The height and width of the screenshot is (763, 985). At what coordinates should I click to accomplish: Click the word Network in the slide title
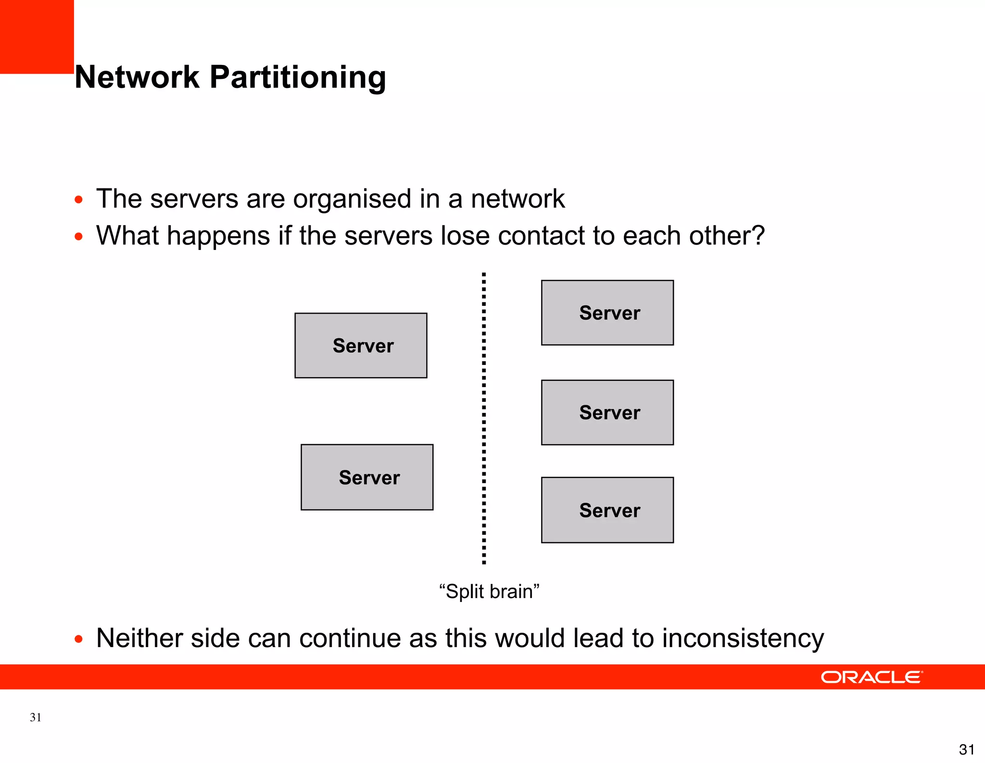point(137,77)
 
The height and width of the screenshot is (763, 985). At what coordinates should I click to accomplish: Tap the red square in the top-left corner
point(37,37)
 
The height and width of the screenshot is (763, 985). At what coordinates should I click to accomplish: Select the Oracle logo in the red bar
point(871,677)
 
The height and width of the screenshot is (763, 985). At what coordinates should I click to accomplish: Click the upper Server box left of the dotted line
point(361,346)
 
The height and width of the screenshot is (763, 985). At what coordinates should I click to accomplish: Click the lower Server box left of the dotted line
point(367,477)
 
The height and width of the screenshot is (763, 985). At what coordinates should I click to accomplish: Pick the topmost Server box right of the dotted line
point(607,313)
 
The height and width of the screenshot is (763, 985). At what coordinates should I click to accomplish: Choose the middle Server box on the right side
point(607,413)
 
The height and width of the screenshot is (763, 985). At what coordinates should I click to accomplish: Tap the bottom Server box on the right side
point(607,510)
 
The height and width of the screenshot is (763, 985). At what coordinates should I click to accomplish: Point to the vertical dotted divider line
point(484,418)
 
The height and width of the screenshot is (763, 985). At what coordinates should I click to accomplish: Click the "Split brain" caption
point(489,591)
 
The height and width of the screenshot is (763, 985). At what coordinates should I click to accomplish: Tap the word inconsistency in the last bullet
point(743,638)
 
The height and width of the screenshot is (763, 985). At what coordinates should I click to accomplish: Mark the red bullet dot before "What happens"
point(79,237)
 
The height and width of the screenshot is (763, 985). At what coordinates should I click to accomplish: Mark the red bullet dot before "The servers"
point(79,200)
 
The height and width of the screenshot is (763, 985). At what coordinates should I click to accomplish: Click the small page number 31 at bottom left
point(36,717)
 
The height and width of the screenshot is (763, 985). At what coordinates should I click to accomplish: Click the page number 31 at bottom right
point(966,750)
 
